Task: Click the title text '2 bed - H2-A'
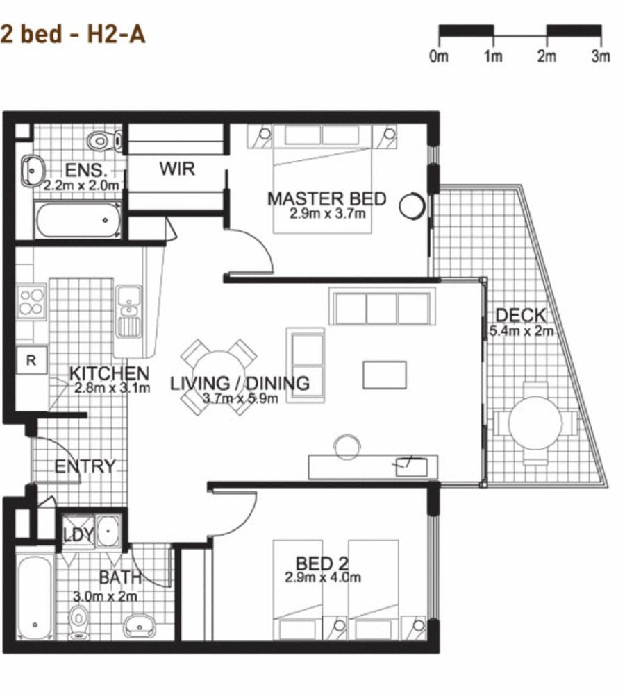click(x=73, y=34)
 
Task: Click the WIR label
click(x=177, y=168)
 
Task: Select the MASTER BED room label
click(x=326, y=198)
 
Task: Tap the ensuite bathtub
click(x=78, y=221)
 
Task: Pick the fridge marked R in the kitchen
click(x=31, y=361)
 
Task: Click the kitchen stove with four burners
click(x=31, y=301)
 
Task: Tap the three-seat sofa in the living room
click(x=382, y=308)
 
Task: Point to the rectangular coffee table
click(x=384, y=375)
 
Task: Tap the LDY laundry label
click(x=78, y=535)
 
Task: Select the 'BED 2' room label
click(x=322, y=563)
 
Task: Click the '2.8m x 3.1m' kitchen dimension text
click(x=110, y=389)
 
